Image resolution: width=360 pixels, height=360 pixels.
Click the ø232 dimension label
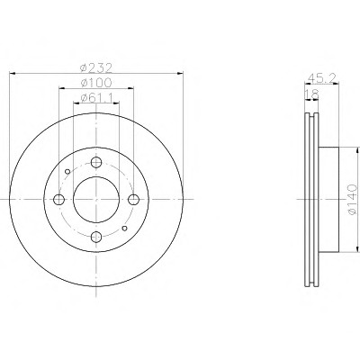coord(96,68)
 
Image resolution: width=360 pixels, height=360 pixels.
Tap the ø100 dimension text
coord(96,83)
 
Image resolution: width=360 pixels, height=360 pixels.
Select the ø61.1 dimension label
coord(96,97)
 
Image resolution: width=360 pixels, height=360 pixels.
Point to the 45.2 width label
coord(322,78)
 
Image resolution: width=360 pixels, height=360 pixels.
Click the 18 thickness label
coord(311,94)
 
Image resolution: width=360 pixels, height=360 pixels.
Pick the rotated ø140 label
coord(353,200)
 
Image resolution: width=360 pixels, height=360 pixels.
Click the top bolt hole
coord(96,163)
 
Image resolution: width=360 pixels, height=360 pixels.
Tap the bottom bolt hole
coord(96,237)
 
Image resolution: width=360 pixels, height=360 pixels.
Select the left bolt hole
coord(58,200)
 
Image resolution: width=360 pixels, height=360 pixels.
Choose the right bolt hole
coord(133,200)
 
